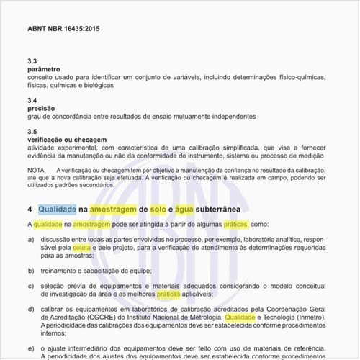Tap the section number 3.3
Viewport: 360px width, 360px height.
coord(32,60)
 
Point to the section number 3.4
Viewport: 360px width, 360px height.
coord(32,100)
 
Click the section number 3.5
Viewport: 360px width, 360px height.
coord(32,131)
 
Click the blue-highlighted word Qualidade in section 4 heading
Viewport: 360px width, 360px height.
coord(57,209)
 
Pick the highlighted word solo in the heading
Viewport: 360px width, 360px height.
coord(158,209)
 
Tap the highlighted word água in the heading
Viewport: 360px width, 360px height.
coord(186,209)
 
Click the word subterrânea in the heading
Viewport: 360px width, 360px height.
coord(225,209)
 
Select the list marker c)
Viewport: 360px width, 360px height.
coord(31,286)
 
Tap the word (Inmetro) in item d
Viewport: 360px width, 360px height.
coord(310,317)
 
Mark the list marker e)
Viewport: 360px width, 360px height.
coord(31,348)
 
